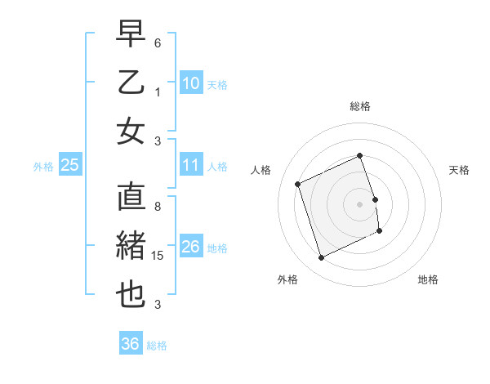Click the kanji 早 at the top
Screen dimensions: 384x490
[x=131, y=34]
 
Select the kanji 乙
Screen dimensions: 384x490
[x=131, y=83]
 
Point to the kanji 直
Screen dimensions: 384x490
[x=131, y=199]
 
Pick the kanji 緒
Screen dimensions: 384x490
[x=131, y=248]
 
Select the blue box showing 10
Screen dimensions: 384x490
[x=191, y=83]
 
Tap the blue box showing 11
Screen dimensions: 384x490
[x=191, y=165]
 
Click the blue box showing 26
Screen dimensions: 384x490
[x=191, y=247]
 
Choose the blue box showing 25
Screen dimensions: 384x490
[x=70, y=166]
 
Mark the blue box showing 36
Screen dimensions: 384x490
[x=131, y=344]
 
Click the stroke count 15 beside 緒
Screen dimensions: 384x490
[x=159, y=256]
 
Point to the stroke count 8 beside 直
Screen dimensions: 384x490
[x=158, y=207]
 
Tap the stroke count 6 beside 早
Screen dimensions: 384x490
[x=158, y=42]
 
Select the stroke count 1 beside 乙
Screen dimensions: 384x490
[x=158, y=92]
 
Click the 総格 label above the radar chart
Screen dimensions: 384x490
[x=360, y=107]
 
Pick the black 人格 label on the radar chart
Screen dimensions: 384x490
[x=261, y=170]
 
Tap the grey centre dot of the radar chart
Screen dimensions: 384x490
[x=359, y=203]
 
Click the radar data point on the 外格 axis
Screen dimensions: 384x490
[x=321, y=258]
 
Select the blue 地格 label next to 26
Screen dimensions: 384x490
[x=217, y=248]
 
